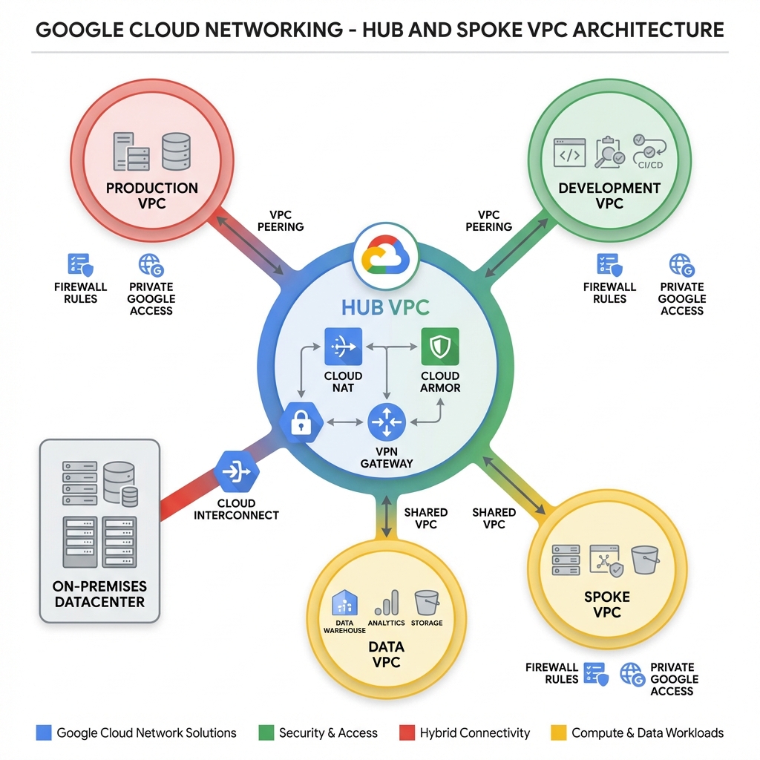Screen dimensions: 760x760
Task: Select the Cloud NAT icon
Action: tap(344, 346)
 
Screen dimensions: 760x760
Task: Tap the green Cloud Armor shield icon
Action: tap(440, 346)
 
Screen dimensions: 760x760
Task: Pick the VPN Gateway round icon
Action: tap(386, 423)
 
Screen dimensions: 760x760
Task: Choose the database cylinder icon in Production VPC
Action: tap(176, 151)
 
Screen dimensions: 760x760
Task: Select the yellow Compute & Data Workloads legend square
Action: tap(558, 733)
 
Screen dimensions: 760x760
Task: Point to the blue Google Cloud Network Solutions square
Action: tap(44, 733)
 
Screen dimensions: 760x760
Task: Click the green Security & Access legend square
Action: tap(265, 733)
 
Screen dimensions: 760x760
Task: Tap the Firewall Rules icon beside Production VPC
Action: tap(79, 265)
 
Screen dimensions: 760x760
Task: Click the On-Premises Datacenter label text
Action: tap(100, 594)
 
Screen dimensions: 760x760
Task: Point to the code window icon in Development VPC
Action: tap(570, 152)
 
